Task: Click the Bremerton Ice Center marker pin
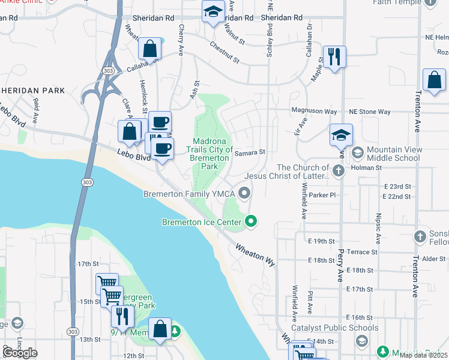click(251, 222)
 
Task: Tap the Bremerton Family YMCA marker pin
click(244, 193)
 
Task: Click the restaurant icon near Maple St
click(334, 57)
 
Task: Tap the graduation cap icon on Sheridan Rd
click(212, 12)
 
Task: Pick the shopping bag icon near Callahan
click(149, 49)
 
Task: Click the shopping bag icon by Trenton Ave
click(433, 80)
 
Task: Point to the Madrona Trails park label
click(209, 153)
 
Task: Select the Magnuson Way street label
click(314, 111)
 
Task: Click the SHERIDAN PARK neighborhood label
click(32, 91)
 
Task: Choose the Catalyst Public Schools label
click(335, 328)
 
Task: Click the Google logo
click(20, 353)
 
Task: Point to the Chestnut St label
click(224, 53)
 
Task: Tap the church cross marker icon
click(339, 171)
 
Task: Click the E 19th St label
click(321, 241)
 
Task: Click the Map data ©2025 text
click(424, 355)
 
